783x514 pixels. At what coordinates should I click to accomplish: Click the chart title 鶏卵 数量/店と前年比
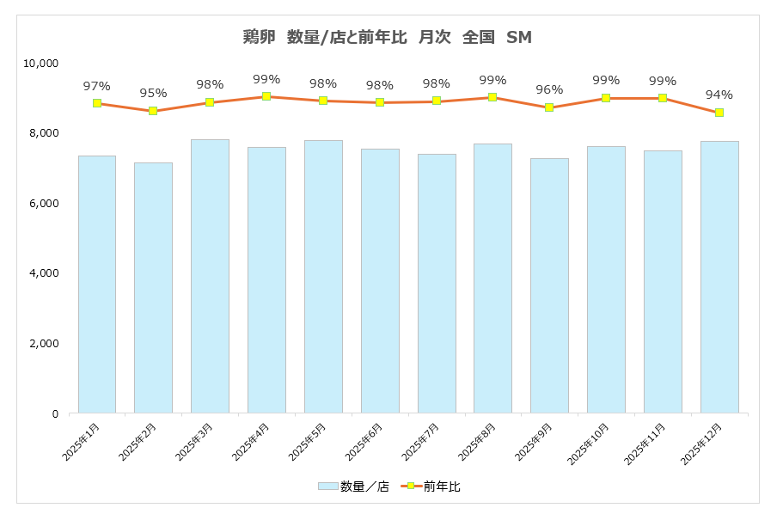click(x=389, y=37)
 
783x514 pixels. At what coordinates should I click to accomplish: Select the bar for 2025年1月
click(x=97, y=284)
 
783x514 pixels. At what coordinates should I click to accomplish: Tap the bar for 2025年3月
click(x=210, y=275)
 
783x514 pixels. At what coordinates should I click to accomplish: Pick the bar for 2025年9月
click(x=549, y=285)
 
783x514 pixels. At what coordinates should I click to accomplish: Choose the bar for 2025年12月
click(x=719, y=277)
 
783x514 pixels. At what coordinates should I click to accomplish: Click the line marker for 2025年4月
click(x=266, y=96)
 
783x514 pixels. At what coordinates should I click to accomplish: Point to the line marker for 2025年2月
click(x=153, y=111)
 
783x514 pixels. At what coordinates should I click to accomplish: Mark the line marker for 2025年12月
click(x=719, y=113)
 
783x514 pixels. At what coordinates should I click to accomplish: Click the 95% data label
click(x=153, y=93)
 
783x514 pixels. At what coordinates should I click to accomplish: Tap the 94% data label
click(x=719, y=95)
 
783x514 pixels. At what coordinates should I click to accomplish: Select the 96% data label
click(x=549, y=89)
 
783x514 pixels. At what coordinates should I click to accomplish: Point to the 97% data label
click(x=97, y=86)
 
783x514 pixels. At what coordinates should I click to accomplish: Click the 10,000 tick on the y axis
click(x=40, y=63)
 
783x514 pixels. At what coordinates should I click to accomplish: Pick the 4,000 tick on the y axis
click(x=43, y=273)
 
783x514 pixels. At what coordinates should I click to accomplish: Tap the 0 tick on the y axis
click(x=54, y=413)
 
